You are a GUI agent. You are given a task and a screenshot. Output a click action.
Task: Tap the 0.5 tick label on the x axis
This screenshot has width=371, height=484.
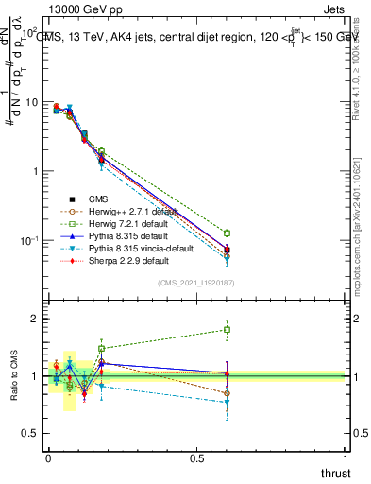coord(197,457)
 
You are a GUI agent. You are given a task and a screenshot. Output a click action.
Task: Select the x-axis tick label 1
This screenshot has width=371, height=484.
coord(346,457)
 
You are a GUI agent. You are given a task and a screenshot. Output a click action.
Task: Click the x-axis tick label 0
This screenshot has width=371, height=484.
coord(49,457)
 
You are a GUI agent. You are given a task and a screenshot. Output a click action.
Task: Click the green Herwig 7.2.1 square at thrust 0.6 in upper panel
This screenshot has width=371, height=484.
coord(227,233)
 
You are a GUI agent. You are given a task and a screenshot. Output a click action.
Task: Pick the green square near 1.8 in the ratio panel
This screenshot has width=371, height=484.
coord(227,330)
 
